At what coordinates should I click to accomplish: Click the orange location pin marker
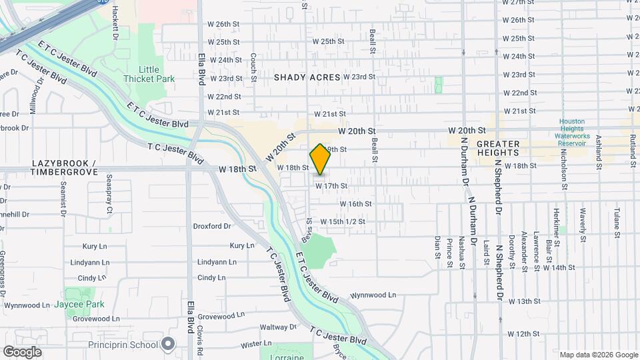(x=320, y=159)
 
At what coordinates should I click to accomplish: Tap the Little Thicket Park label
(x=149, y=74)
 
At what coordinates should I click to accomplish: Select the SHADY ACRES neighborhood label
(x=307, y=77)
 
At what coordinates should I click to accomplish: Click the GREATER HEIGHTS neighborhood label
(x=497, y=148)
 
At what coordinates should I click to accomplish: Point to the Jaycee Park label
(x=85, y=304)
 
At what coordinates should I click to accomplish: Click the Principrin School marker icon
(x=168, y=345)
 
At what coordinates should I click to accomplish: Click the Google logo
(x=22, y=351)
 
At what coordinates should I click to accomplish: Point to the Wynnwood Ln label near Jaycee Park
(x=27, y=305)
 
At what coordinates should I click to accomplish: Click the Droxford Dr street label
(x=212, y=226)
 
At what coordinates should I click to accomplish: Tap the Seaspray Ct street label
(x=109, y=199)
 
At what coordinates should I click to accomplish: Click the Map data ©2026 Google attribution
(x=598, y=355)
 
